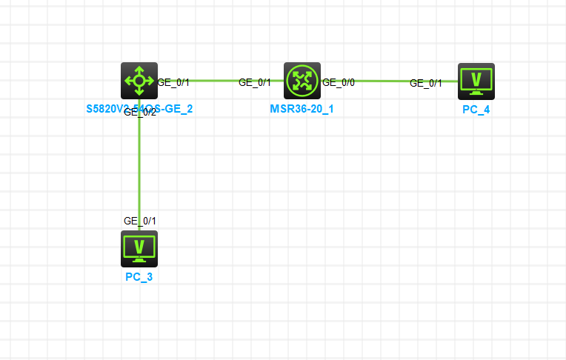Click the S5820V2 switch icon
pos(139,81)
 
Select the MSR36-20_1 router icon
pos(302,81)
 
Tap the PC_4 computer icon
pos(476,81)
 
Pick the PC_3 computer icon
pos(139,248)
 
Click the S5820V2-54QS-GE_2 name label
pos(139,109)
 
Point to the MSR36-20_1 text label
pos(302,109)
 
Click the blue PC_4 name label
pos(476,110)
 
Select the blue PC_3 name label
pos(139,277)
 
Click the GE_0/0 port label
pos(339,82)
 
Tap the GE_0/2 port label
pos(140,113)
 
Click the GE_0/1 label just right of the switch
pos(173,82)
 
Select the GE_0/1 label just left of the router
pos(255,82)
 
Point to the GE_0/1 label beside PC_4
pos(426,83)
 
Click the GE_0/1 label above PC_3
pos(140,221)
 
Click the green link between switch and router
pos(215,80)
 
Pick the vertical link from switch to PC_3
pos(139,170)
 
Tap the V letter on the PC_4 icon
pos(476,78)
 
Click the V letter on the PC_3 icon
pos(139,245)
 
